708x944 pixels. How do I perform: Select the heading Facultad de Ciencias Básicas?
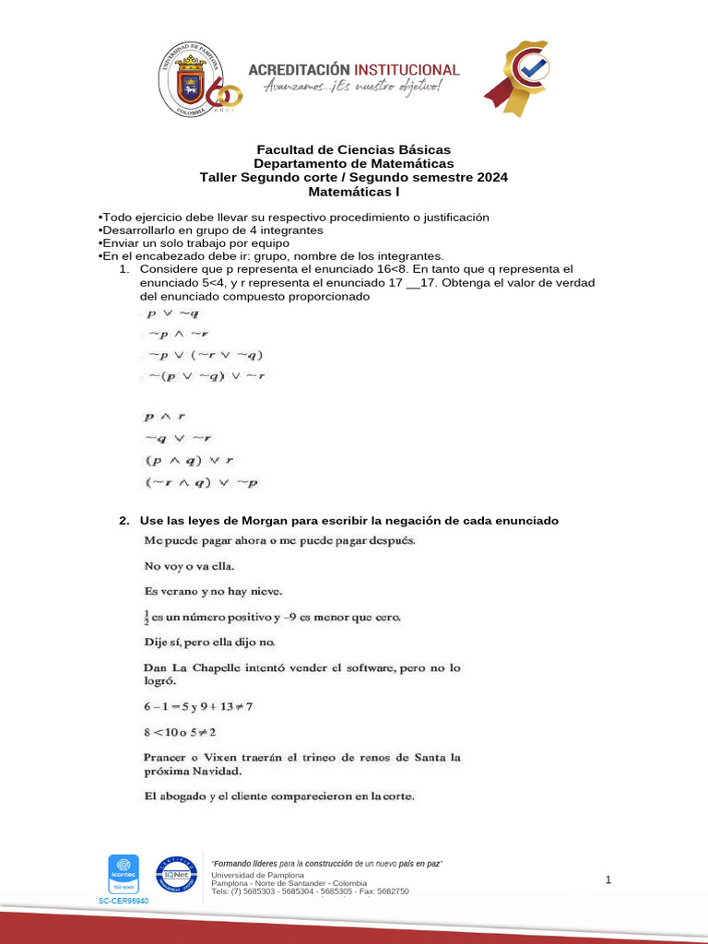coord(353,149)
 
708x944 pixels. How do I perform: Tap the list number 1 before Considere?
coord(124,268)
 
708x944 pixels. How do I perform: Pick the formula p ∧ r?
coord(165,416)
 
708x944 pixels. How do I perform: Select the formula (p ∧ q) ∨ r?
coord(189,458)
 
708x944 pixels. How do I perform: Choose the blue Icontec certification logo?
coord(124,874)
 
